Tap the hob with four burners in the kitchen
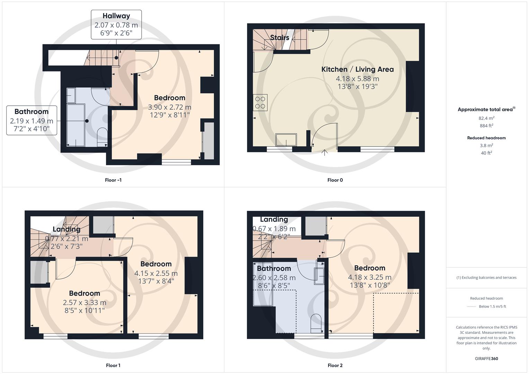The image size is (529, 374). tap(260, 103)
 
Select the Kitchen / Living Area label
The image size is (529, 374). tap(358, 69)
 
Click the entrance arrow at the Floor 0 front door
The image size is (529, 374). tap(325, 152)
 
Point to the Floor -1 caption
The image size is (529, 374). tap(113, 180)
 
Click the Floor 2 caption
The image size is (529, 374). tap(335, 365)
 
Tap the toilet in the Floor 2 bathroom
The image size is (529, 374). tap(316, 323)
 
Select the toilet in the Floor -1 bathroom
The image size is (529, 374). tap(103, 136)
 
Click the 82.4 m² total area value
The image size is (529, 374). tap(486, 118)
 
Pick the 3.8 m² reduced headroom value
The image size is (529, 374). tap(486, 145)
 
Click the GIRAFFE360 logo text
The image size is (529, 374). tap(486, 358)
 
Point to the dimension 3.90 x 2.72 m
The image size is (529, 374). tap(169, 107)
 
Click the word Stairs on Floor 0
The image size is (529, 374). tap(280, 37)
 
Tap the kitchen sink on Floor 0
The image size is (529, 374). tap(286, 140)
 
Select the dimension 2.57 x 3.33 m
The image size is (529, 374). tap(85, 303)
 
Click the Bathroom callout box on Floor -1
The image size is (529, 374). tap(32, 120)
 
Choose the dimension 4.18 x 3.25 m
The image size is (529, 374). tap(370, 277)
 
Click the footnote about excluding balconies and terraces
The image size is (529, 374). tap(486, 277)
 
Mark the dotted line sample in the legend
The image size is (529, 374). tap(471, 306)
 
